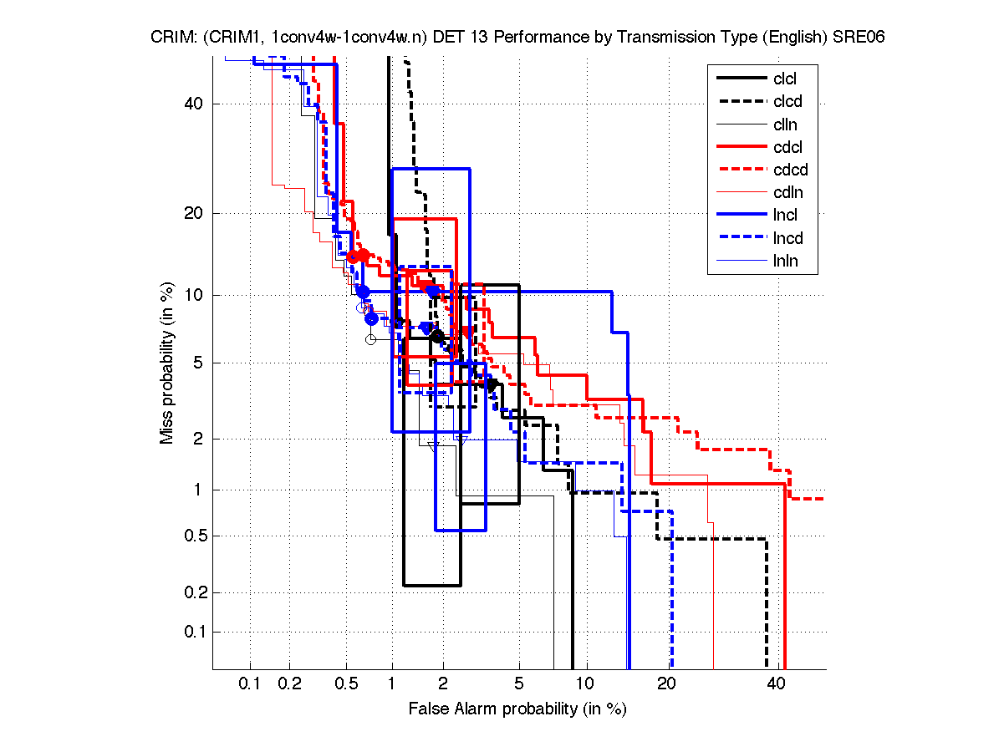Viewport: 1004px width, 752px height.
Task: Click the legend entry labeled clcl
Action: coord(785,79)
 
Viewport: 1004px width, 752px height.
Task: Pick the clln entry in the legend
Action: coord(785,124)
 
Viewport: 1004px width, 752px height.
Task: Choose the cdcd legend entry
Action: coord(788,170)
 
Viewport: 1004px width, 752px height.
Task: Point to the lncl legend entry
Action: coord(785,216)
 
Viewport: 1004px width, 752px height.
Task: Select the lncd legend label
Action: coord(787,238)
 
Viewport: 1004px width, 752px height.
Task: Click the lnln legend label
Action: coord(785,261)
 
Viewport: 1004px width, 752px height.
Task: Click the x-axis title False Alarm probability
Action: coord(517,709)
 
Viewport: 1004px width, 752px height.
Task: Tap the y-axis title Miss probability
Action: coord(167,364)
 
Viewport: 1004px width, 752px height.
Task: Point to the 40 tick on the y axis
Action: coord(195,104)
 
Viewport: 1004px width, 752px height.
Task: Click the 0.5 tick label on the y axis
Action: coord(191,536)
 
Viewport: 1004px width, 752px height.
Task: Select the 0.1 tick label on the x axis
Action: coord(250,683)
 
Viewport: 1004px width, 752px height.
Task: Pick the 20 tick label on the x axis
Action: coord(665,683)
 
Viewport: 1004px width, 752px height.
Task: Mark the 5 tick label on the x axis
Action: coord(518,683)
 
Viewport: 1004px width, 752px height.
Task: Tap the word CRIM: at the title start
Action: coord(173,38)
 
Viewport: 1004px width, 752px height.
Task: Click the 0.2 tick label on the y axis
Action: coord(191,592)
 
